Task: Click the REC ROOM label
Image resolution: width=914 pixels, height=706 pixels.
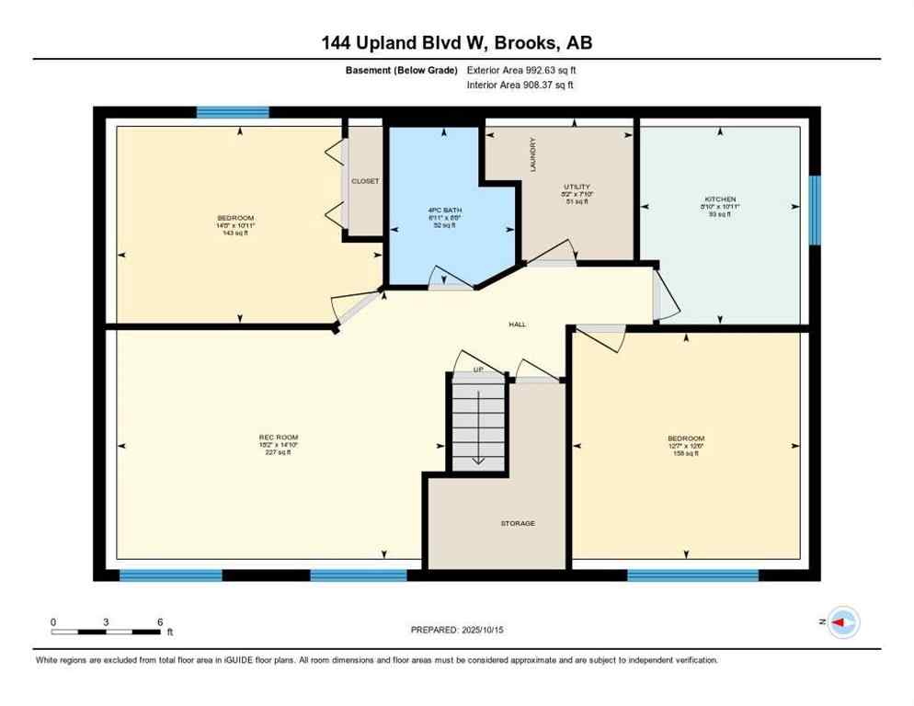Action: click(279, 437)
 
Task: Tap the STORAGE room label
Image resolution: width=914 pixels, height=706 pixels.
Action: click(518, 523)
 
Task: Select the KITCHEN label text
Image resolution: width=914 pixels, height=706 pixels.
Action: click(720, 199)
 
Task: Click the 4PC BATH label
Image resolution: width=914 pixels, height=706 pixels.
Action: click(444, 210)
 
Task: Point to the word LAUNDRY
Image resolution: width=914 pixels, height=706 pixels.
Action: click(532, 154)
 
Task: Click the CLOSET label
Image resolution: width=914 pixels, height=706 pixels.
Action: click(365, 181)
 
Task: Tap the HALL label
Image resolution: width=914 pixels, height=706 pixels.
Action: click(518, 325)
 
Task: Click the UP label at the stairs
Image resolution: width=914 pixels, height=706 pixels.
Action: click(478, 370)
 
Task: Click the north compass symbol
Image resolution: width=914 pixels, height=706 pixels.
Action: click(842, 622)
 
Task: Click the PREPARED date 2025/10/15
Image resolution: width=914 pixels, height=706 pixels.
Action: click(457, 630)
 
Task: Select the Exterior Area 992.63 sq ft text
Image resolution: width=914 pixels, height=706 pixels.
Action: click(521, 70)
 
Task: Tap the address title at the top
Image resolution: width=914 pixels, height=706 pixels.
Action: click(456, 42)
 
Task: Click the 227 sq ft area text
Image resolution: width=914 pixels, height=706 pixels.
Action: click(279, 452)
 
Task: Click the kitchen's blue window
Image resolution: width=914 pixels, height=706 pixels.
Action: click(814, 211)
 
